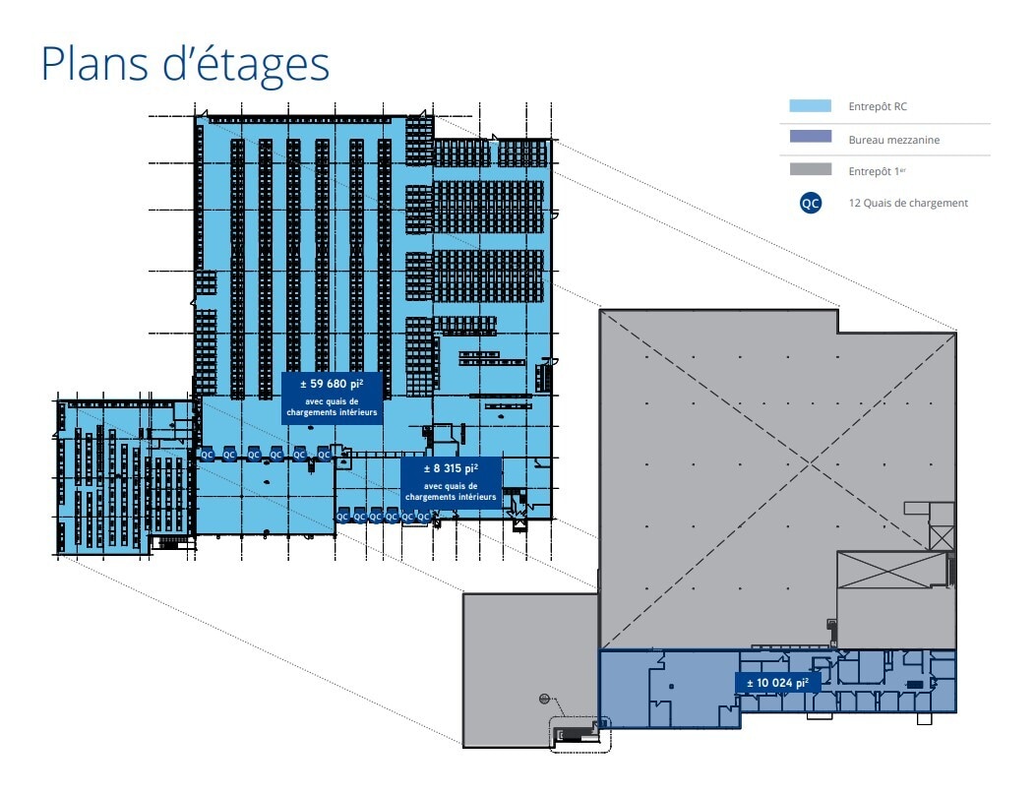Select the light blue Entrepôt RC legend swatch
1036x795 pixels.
pyautogui.click(x=810, y=106)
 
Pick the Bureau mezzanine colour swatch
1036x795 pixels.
pyautogui.click(x=810, y=139)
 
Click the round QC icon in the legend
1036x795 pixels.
pyautogui.click(x=810, y=204)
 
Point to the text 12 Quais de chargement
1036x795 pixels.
pyautogui.click(x=907, y=204)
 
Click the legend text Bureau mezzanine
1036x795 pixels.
pyautogui.click(x=893, y=140)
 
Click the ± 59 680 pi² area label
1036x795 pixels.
pyautogui.click(x=332, y=397)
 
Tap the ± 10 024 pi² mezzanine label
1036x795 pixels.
pyautogui.click(x=777, y=683)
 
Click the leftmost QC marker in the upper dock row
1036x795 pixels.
pyautogui.click(x=207, y=455)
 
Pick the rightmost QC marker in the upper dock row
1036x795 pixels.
pyautogui.click(x=324, y=455)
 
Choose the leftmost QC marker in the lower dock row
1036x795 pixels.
pyautogui.click(x=342, y=516)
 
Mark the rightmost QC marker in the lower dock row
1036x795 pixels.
pyautogui.click(x=424, y=516)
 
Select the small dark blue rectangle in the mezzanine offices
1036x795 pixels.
pyautogui.click(x=915, y=685)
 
